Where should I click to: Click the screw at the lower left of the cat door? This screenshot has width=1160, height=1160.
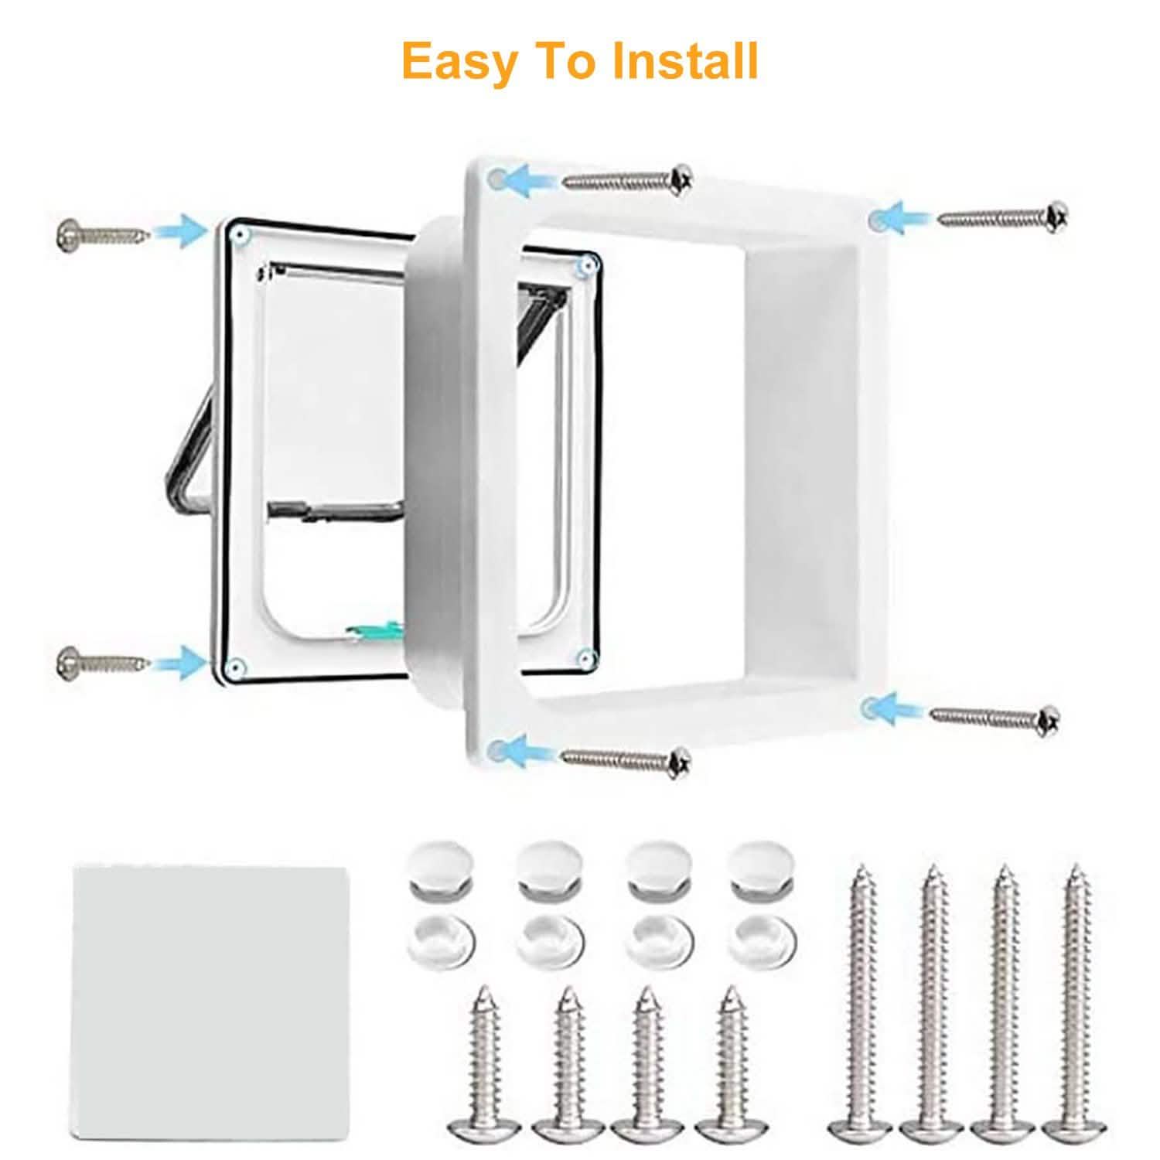click(x=101, y=661)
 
